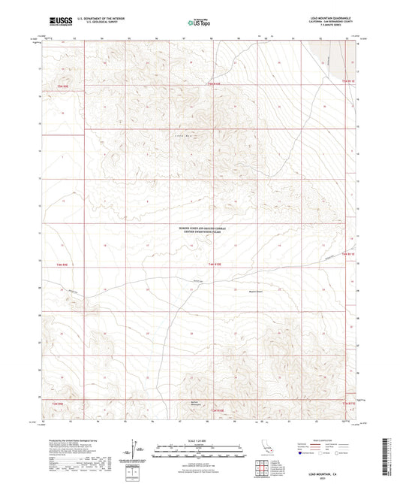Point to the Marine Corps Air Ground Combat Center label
[199, 233]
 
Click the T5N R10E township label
[215, 83]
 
